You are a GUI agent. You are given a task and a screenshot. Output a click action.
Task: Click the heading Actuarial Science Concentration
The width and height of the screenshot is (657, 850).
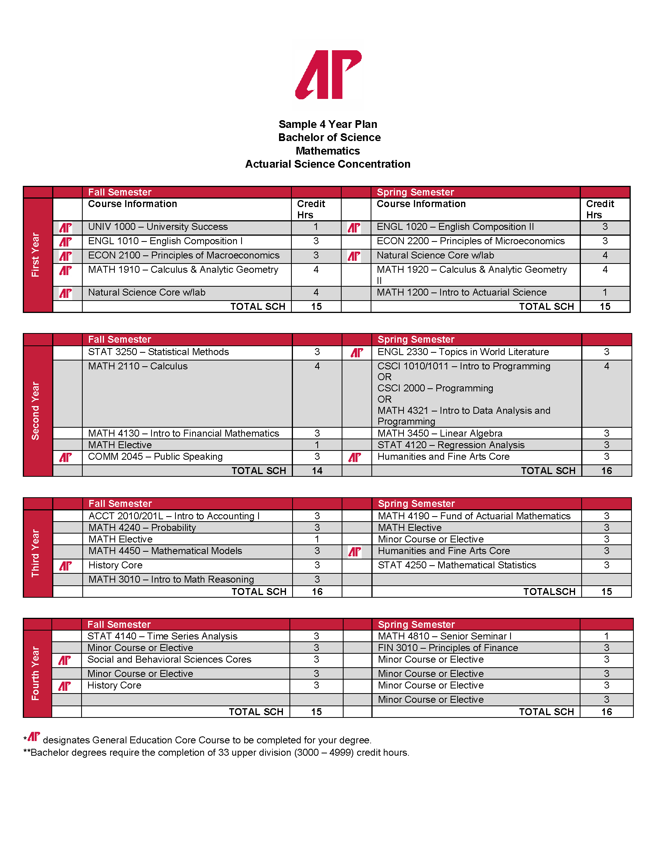tap(328, 164)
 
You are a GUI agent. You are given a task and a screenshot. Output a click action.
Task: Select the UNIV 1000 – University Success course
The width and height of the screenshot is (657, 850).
tap(158, 226)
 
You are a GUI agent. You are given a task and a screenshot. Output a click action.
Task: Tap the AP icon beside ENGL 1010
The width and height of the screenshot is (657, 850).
tap(65, 242)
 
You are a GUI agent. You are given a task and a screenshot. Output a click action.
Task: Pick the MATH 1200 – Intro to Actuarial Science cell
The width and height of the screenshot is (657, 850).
tap(461, 292)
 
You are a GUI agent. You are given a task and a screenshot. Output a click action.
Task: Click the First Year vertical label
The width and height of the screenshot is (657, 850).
tap(36, 255)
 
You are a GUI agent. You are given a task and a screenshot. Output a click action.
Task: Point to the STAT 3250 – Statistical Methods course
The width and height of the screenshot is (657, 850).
tap(158, 352)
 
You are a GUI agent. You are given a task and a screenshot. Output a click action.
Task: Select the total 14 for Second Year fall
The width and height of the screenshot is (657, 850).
tap(317, 471)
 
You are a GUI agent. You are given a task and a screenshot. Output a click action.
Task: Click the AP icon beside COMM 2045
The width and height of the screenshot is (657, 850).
tap(65, 457)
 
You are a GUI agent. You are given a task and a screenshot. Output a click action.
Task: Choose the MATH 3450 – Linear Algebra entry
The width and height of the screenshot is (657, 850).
tap(440, 433)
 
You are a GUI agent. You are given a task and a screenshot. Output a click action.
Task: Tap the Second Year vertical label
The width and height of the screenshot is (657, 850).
tap(36, 411)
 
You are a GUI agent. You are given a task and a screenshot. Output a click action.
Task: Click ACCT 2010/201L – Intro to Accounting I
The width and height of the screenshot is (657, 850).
tap(174, 516)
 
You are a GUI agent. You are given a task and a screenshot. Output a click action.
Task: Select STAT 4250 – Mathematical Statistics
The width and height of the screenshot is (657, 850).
tap(457, 565)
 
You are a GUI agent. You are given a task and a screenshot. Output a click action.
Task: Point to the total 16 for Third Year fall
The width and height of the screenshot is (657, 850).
tap(317, 592)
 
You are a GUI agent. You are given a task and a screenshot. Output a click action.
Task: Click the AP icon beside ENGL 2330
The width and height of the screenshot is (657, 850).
tap(357, 353)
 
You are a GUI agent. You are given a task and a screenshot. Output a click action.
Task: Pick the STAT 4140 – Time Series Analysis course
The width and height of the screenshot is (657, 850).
tap(162, 636)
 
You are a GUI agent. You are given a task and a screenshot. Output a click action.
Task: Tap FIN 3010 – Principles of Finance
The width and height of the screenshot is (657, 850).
tap(448, 648)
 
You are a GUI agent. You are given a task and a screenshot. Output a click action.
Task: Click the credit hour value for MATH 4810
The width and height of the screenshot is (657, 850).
tap(606, 636)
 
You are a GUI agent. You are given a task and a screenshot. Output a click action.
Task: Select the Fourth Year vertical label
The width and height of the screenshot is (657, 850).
tap(36, 673)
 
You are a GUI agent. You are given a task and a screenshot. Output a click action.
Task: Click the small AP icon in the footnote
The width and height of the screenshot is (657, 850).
tap(34, 736)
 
